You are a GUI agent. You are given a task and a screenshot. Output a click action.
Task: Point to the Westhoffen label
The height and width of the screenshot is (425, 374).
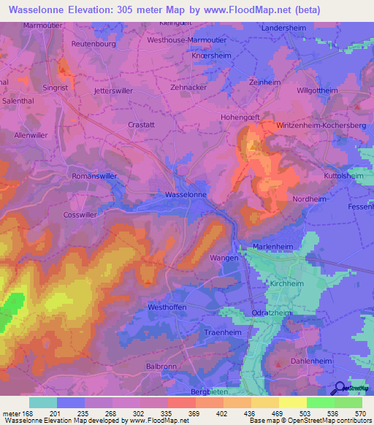coord(167,307)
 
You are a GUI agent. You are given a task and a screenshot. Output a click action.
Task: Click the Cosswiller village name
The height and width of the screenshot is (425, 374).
coord(80,215)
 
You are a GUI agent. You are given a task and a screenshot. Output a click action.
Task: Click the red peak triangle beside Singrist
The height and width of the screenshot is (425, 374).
coord(63,71)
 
